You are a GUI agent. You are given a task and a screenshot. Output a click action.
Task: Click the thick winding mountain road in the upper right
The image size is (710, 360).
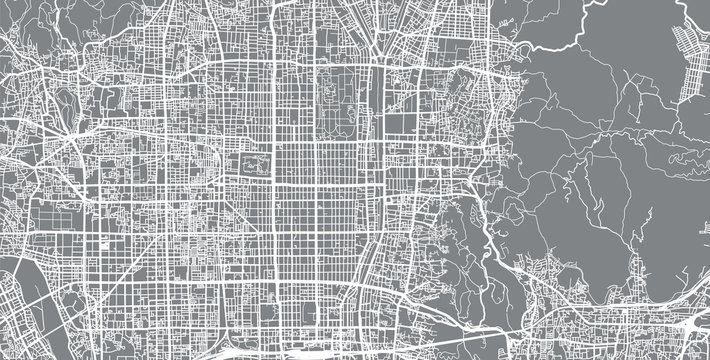[x=560, y=40]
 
